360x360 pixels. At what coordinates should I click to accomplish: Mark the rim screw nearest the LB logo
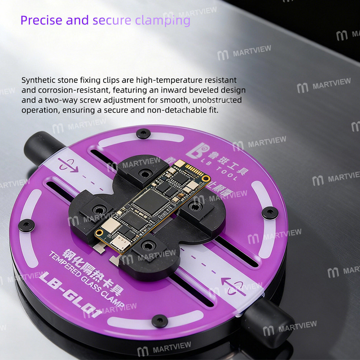[x=143, y=133]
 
